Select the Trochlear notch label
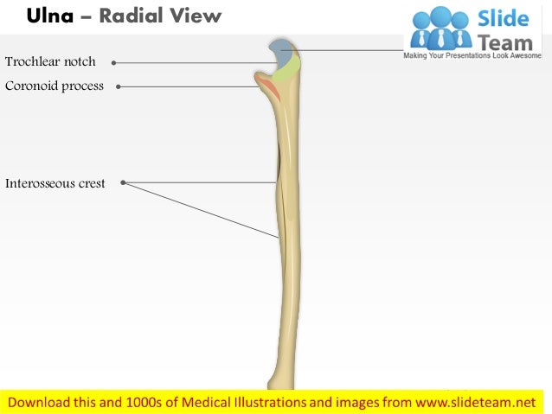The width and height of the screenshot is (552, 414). (50, 61)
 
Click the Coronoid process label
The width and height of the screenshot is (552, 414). (54, 86)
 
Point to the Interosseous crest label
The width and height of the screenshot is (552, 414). (55, 183)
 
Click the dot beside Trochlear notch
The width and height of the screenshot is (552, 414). (113, 62)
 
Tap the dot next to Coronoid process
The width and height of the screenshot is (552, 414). (118, 86)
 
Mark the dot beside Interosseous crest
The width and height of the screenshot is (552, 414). (124, 182)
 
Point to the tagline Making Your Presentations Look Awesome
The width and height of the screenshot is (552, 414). (477, 55)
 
